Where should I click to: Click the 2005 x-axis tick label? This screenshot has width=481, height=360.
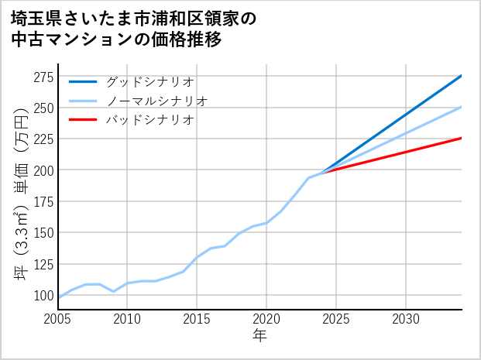(58, 319)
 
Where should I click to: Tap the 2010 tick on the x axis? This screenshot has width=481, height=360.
(128, 319)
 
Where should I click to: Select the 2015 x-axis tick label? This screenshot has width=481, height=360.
(197, 319)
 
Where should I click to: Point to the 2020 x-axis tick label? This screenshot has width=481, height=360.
(266, 319)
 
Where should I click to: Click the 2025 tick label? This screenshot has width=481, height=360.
(336, 319)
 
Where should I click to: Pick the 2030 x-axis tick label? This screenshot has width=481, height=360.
(406, 319)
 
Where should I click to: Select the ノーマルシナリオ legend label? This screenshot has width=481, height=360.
(156, 101)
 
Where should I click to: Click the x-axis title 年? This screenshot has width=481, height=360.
(260, 336)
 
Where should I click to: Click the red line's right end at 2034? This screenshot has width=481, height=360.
(462, 138)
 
